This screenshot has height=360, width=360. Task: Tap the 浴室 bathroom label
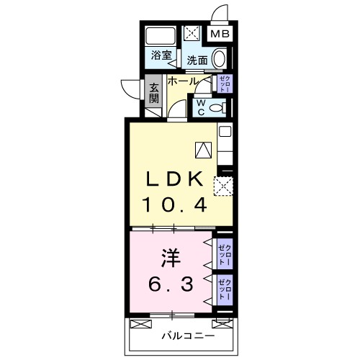161,55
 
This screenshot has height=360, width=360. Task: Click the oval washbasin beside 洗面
221,60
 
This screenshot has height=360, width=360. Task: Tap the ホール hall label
183,81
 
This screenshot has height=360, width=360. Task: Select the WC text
202,107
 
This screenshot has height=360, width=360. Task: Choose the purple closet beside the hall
224,83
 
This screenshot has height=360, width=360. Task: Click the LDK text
179,178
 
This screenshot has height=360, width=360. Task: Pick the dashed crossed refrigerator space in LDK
225,186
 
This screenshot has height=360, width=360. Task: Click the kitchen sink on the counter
224,132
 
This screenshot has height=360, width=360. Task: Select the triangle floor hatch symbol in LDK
203,149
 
